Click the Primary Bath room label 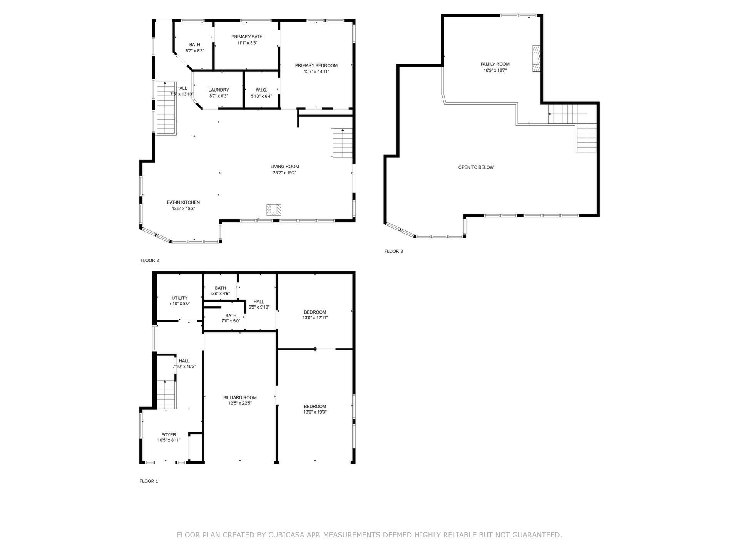pos(247,37)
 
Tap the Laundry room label pos(219,90)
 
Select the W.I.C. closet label pos(261,90)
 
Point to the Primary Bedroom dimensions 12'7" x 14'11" pos(316,72)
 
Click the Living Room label pos(284,167)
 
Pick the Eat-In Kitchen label pos(183,202)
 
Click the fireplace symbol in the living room pos(274,210)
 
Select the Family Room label pos(495,64)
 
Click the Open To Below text pos(476,167)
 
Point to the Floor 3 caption pos(394,251)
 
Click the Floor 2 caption pos(150,260)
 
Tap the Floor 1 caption pos(149,481)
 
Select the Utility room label pos(179,298)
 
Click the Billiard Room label pos(240,397)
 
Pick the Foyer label pos(169,435)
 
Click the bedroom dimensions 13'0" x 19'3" pos(315,412)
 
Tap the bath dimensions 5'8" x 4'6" pos(221,294)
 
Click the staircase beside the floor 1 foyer pos(166,395)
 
